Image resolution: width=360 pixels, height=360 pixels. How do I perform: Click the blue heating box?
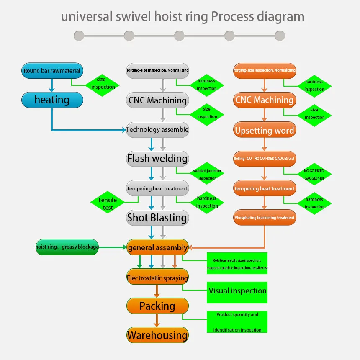[52, 100]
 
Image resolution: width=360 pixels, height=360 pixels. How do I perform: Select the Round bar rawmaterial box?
[52, 71]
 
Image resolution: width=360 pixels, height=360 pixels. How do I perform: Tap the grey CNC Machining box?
[157, 100]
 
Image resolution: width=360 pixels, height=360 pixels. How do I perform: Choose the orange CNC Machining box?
[265, 100]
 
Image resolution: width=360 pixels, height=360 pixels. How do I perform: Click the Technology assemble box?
[157, 130]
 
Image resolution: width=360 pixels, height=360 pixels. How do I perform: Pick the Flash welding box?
[157, 159]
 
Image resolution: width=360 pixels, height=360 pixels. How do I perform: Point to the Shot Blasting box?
[157, 218]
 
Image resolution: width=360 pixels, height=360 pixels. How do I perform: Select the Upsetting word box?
[265, 130]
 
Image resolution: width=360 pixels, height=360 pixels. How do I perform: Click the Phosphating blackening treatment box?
[265, 218]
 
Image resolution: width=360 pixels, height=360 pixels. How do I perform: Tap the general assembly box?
[157, 247]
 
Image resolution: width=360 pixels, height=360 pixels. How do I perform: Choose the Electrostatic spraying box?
[157, 278]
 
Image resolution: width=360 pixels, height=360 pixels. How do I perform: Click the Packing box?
[157, 306]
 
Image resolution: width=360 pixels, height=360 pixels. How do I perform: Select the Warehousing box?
[157, 335]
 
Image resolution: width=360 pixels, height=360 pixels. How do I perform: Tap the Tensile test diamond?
[108, 203]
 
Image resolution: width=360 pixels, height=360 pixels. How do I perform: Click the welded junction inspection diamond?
[207, 175]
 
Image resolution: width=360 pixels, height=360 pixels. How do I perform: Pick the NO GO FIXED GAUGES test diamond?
[314, 175]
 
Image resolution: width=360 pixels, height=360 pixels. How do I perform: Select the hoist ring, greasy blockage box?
[67, 247]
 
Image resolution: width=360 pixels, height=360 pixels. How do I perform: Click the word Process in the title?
[232, 16]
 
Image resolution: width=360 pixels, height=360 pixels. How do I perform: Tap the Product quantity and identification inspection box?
[237, 322]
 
